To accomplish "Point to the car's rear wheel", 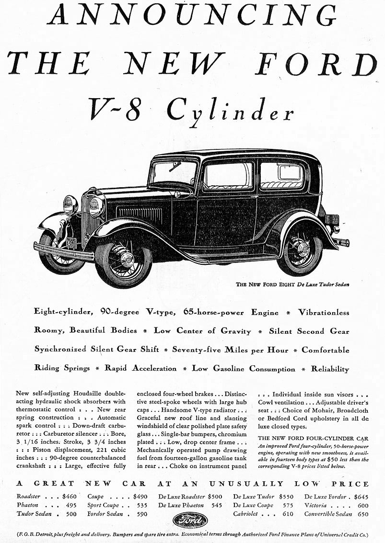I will (x=302, y=249).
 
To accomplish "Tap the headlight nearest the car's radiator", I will (x=96, y=206).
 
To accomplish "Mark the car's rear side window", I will (x=283, y=175).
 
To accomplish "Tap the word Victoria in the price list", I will (x=315, y=505).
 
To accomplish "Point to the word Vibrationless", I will (x=324, y=312).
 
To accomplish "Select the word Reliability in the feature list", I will (x=330, y=369).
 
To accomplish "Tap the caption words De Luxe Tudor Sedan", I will (x=323, y=284).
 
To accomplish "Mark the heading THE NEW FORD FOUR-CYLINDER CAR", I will (x=313, y=438).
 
